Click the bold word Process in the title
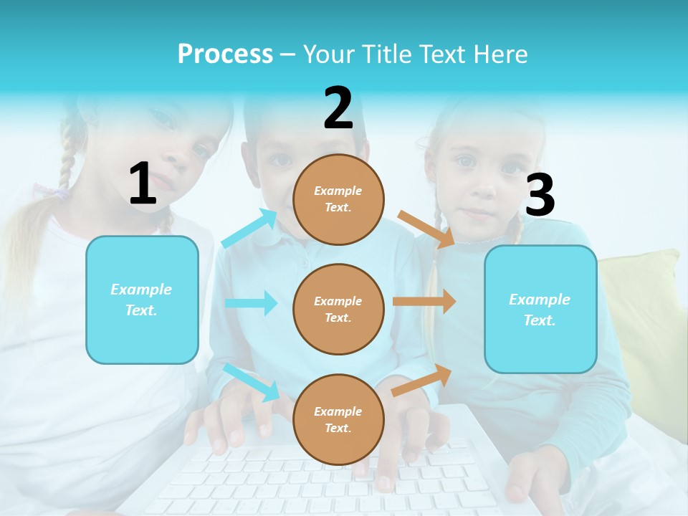[x=225, y=54]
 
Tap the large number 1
[x=143, y=183]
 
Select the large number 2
[x=338, y=108]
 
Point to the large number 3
[x=540, y=195]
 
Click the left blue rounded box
[x=142, y=300]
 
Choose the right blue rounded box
[x=540, y=309]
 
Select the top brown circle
[x=338, y=199]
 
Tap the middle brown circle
[x=338, y=309]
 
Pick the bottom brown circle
[x=338, y=419]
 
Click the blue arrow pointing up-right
[x=249, y=229]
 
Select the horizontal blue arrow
[x=251, y=303]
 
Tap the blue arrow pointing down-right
[x=251, y=381]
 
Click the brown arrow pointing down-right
[x=426, y=229]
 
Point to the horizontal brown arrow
[x=424, y=302]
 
